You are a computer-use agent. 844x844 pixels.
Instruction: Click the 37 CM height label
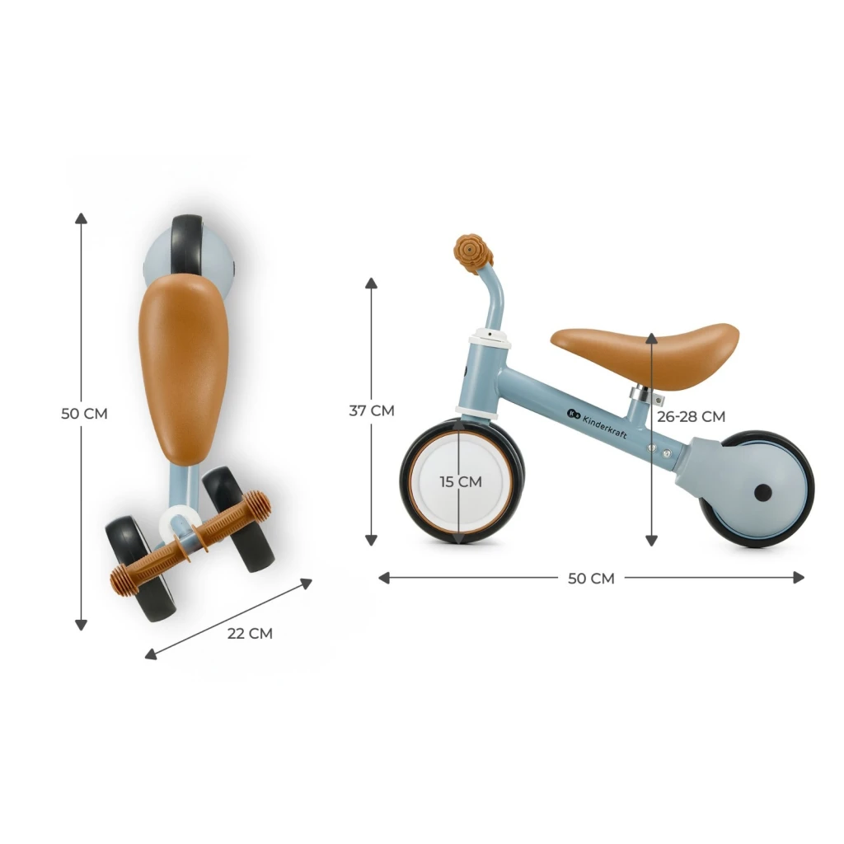[x=372, y=410]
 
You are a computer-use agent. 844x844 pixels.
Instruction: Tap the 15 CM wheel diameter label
[x=461, y=481]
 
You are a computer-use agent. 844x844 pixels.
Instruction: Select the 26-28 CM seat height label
[x=692, y=416]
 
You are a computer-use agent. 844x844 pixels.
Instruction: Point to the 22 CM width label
[x=250, y=634]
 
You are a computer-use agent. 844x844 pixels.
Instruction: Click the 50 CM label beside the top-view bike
[x=85, y=414]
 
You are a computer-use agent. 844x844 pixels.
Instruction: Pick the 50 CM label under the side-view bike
[x=591, y=579]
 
